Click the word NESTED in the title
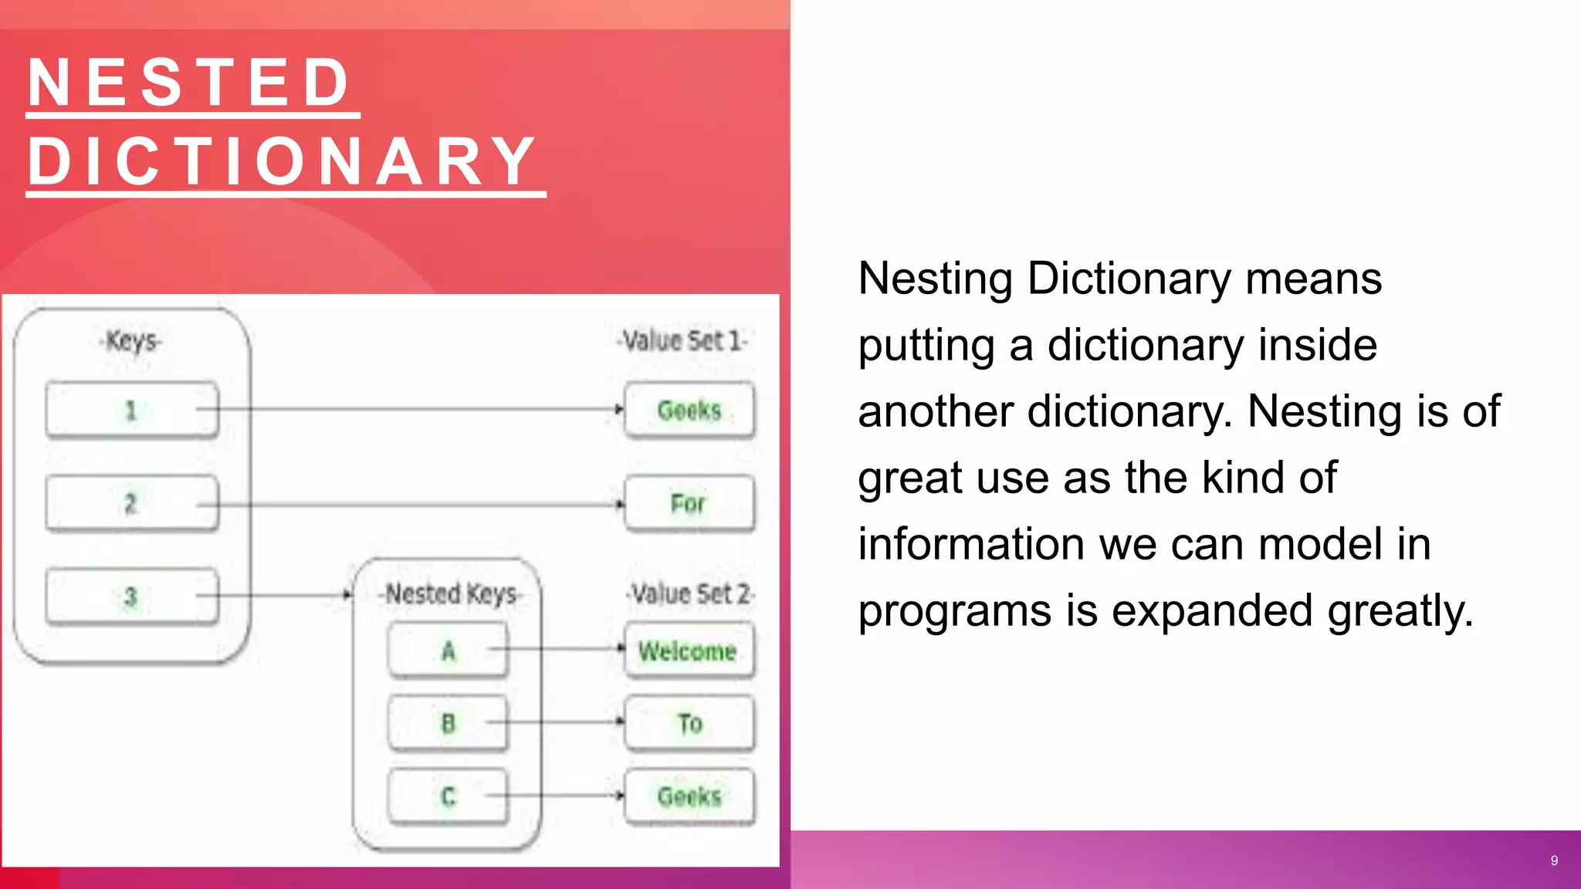coord(190,83)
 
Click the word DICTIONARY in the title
coord(283,161)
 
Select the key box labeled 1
coord(132,410)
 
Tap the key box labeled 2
coord(132,504)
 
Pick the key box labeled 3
coord(132,597)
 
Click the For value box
coord(689,504)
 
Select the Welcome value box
coord(689,651)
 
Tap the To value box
coord(689,724)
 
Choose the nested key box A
coord(449,651)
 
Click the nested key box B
coord(449,724)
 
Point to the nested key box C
coord(449,796)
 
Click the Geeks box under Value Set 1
coord(689,410)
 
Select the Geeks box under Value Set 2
coord(689,796)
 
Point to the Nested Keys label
coord(451,593)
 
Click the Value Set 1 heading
coord(682,340)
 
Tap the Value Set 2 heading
coord(690,593)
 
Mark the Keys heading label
coord(132,340)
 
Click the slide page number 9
coord(1554,860)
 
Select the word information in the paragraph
coord(972,544)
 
